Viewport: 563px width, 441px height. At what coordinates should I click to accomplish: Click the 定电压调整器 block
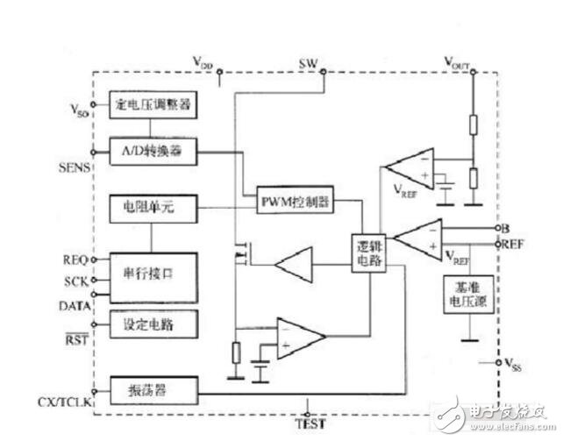tap(152, 105)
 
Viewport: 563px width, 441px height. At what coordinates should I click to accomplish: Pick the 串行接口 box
tap(152, 274)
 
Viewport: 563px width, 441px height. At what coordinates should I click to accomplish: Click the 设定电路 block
tap(152, 324)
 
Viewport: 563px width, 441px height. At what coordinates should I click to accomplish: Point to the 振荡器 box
tap(152, 386)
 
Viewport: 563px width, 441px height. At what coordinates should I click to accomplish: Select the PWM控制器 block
tap(295, 200)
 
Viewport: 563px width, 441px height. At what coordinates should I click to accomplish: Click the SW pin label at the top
tap(308, 65)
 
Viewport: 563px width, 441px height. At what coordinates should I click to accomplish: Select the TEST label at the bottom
tap(310, 424)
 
